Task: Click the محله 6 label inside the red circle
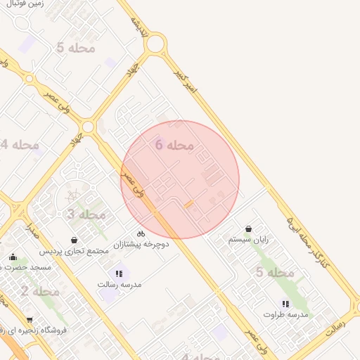click(174, 145)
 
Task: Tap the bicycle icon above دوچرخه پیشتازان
click(141, 233)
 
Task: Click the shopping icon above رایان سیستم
click(249, 229)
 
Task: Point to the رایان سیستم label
click(249, 240)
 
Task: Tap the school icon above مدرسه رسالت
click(118, 274)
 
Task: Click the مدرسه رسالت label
click(119, 285)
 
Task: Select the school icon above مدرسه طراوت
click(285, 304)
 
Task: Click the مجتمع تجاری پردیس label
click(74, 251)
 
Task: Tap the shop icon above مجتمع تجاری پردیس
click(74, 240)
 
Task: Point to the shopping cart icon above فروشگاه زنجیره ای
click(30, 321)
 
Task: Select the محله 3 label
click(86, 214)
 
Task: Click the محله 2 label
click(39, 291)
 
